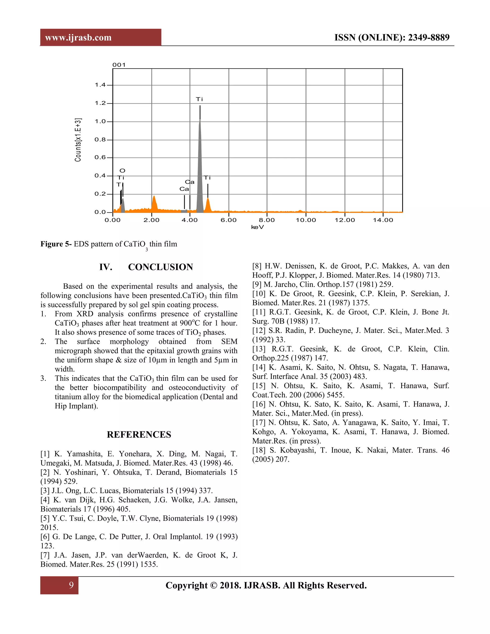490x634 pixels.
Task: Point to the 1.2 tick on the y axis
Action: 100,103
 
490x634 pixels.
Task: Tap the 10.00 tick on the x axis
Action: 306,220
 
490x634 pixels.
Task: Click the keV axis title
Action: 257,227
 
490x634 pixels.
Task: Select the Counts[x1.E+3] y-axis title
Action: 78,140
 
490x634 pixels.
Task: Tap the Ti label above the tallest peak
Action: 200,99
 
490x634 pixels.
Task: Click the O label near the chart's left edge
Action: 122,171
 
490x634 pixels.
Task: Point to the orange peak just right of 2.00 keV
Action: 154,203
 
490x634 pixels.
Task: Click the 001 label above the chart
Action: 119,65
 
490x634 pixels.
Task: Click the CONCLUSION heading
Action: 160,267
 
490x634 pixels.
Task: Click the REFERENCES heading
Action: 139,434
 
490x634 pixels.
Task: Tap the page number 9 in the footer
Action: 71,585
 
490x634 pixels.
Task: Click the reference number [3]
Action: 45,491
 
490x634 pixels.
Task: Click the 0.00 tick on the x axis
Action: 113,220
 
